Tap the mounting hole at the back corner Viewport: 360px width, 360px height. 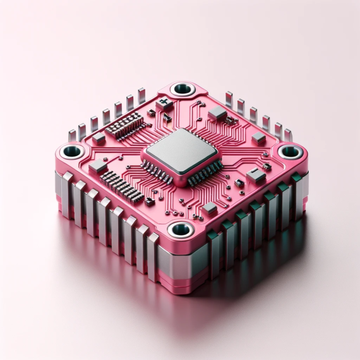[182, 89]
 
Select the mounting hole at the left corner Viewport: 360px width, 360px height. [71, 152]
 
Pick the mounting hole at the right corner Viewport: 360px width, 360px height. [290, 152]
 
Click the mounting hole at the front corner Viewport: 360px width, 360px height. [180, 229]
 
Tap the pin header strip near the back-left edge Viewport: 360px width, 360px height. [125, 126]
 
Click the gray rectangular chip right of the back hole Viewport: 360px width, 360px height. [217, 113]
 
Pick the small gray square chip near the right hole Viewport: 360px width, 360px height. [258, 139]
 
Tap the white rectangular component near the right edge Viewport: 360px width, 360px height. [255, 176]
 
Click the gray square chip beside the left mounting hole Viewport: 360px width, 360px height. [97, 166]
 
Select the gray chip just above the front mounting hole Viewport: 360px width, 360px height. [209, 208]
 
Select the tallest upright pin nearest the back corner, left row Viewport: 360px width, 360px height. [141, 97]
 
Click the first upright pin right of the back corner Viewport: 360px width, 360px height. [229, 100]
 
